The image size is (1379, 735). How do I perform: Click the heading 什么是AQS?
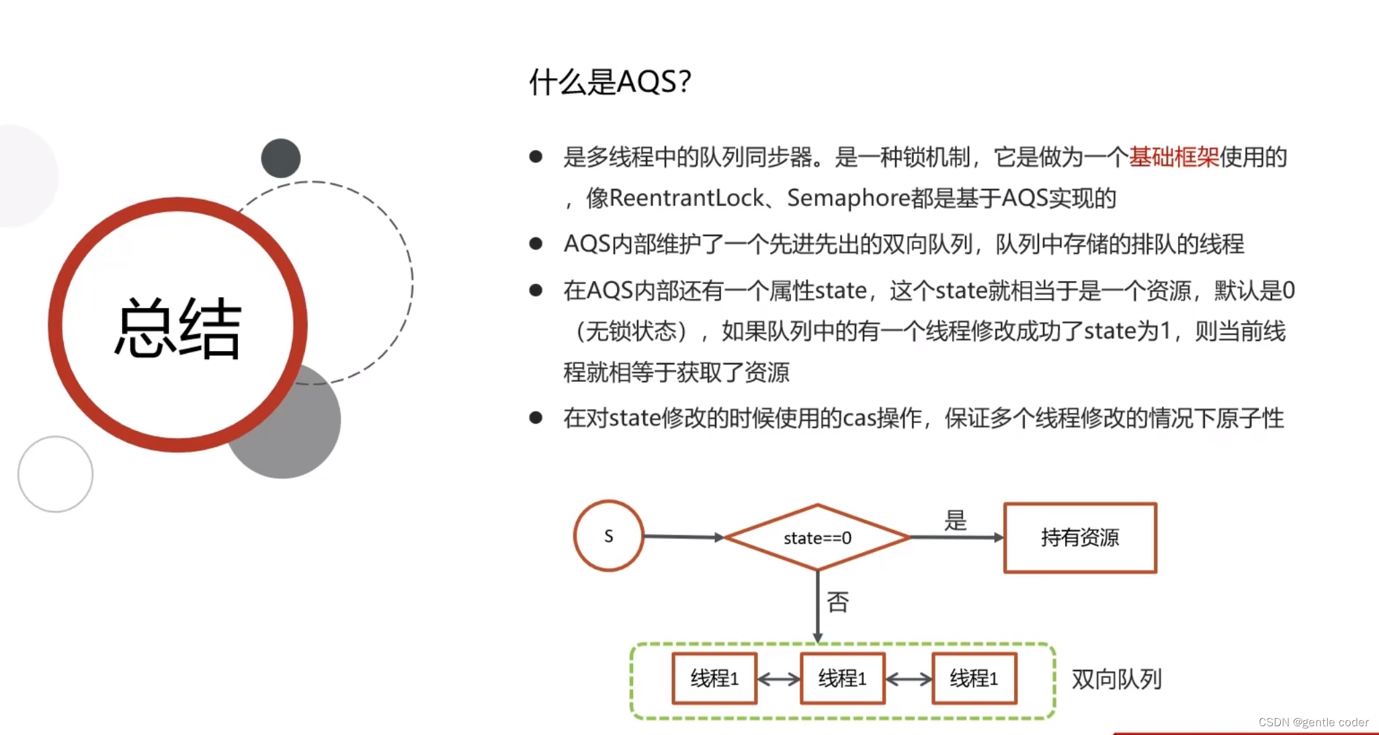[610, 82]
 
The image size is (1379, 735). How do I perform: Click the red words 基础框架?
[1173, 157]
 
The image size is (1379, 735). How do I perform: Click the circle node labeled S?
[609, 536]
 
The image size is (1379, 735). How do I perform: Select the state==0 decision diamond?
[817, 538]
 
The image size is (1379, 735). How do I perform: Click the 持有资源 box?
[1080, 538]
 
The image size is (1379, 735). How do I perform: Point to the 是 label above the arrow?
[955, 520]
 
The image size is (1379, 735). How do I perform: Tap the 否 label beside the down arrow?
[837, 602]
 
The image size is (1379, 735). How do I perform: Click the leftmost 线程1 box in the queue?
[714, 679]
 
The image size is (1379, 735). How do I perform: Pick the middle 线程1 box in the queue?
[842, 679]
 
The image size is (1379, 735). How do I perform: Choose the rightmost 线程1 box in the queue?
[974, 679]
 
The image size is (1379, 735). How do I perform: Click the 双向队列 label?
[1116, 679]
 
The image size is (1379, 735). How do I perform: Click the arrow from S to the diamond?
[683, 537]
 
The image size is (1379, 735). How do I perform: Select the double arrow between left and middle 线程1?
[778, 679]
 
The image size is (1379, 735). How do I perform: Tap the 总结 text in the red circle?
[178, 328]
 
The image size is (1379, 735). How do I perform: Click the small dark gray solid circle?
[281, 158]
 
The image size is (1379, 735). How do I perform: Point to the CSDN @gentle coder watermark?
[1312, 722]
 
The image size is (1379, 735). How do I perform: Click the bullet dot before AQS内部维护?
[536, 243]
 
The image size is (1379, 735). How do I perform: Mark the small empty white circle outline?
[55, 474]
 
